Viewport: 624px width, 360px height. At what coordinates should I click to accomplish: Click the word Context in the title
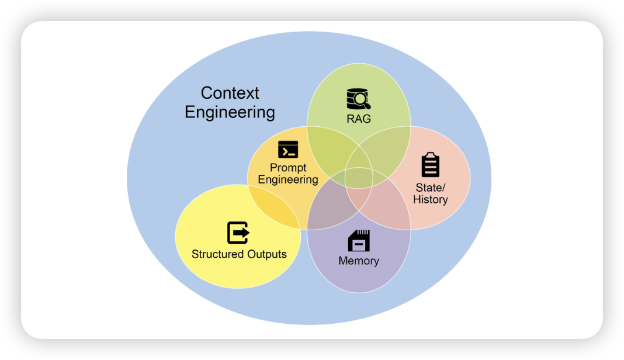click(230, 93)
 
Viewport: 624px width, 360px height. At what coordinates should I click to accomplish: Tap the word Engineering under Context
click(230, 112)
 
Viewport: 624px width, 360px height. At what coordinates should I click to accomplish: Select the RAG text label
click(359, 119)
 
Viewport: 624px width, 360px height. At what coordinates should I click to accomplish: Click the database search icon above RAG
click(358, 99)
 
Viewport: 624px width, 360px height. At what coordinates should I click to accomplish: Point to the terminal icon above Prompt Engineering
click(288, 150)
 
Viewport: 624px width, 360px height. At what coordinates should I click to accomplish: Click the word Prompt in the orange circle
click(288, 168)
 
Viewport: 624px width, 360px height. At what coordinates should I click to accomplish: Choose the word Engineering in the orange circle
click(288, 179)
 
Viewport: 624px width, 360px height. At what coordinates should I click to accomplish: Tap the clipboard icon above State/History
click(431, 165)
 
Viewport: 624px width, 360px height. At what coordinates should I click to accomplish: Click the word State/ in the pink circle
click(431, 188)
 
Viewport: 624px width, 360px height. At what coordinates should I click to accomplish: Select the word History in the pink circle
click(431, 199)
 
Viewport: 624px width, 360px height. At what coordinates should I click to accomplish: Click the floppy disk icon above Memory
click(359, 240)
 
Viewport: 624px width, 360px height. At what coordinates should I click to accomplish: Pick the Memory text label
click(359, 261)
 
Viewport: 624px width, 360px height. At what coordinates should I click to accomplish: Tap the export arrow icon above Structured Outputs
click(238, 233)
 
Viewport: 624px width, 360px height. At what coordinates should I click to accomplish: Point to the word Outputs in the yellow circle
click(266, 254)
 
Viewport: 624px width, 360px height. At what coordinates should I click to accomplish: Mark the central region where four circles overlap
click(359, 178)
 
